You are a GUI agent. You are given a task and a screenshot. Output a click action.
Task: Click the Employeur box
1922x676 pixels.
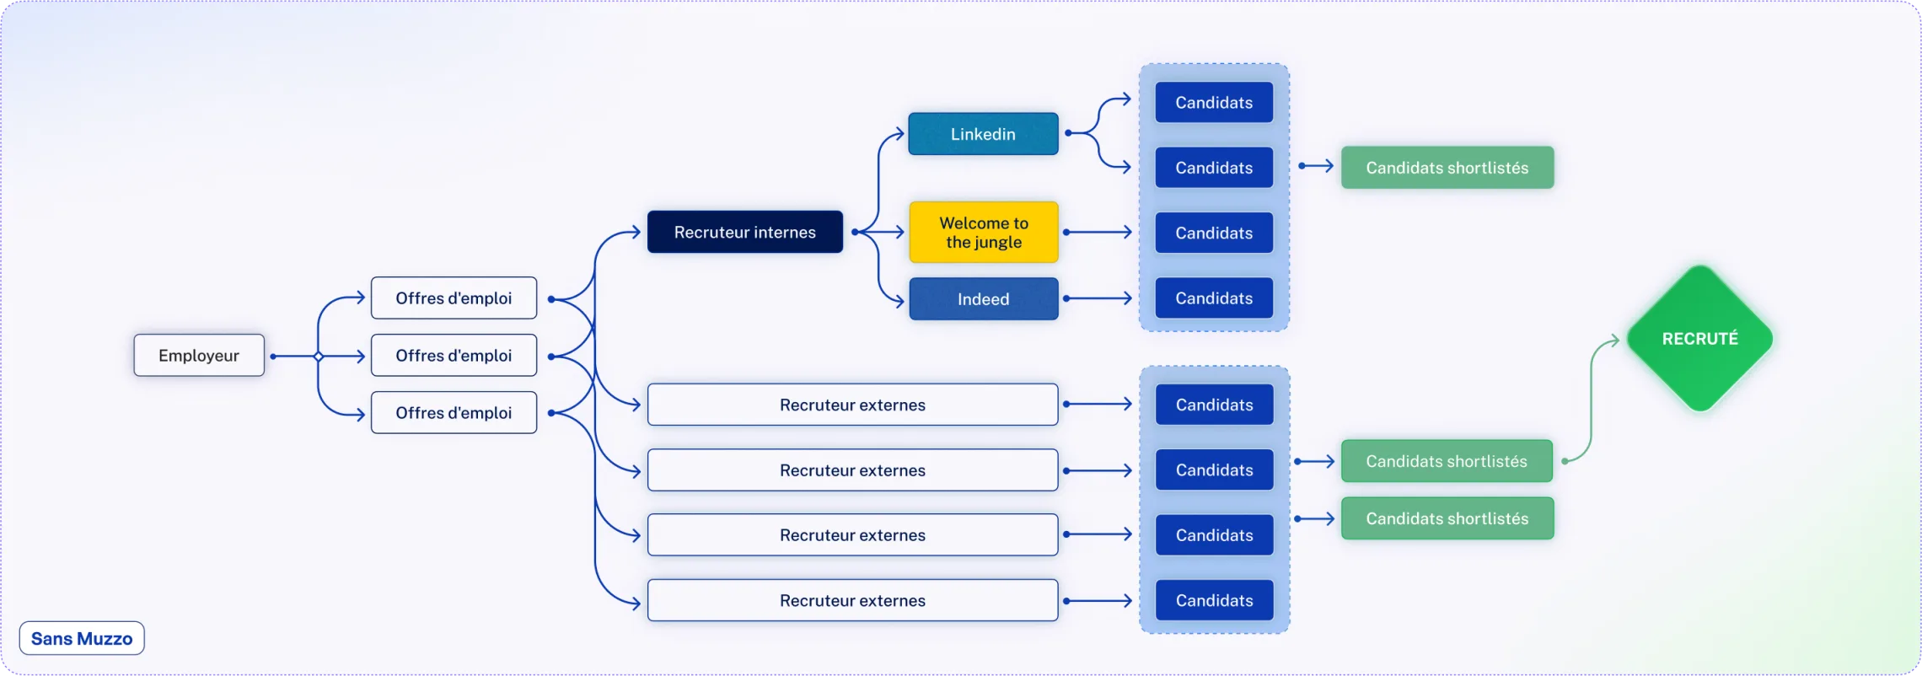click(199, 355)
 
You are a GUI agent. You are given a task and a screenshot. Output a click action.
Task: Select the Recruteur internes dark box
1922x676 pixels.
click(745, 232)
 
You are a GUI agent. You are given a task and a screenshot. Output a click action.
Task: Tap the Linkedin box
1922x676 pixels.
click(983, 134)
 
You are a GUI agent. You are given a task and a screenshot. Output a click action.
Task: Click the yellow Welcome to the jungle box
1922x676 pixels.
click(984, 232)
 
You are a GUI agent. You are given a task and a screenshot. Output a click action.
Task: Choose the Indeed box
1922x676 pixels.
click(984, 298)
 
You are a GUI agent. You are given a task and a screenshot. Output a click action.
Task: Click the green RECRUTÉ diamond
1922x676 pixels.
click(1699, 339)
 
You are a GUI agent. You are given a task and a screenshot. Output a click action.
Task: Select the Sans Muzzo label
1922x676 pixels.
click(82, 638)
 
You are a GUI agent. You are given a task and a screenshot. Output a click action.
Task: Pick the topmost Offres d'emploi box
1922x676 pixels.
click(454, 298)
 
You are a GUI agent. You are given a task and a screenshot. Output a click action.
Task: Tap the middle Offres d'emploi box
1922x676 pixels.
click(454, 355)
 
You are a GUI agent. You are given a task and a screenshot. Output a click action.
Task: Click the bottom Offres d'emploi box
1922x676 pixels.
click(454, 412)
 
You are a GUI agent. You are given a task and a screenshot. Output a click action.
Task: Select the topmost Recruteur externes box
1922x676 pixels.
click(852, 405)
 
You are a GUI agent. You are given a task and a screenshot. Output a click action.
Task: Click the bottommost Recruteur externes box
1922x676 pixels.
click(852, 600)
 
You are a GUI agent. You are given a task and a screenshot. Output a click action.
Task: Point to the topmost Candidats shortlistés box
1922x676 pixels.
click(1447, 168)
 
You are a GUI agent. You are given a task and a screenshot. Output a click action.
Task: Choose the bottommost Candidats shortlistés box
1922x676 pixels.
click(1447, 518)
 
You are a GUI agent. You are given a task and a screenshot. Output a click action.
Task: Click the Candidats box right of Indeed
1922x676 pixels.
click(1214, 298)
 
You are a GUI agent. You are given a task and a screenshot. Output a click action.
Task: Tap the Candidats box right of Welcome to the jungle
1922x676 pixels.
click(1214, 233)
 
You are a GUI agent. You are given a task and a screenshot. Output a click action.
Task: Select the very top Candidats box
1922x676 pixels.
click(1214, 102)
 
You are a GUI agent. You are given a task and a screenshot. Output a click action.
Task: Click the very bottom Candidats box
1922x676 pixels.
click(1214, 600)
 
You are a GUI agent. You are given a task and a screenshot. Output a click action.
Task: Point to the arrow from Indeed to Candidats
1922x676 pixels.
click(1098, 298)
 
